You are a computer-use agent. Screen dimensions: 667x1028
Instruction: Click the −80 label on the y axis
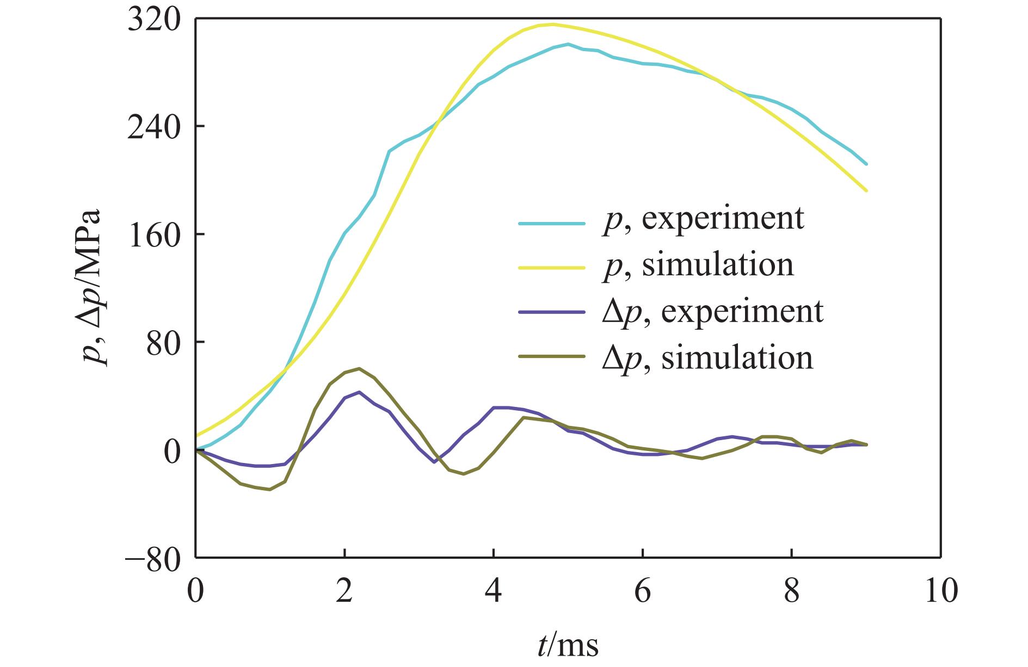(x=156, y=560)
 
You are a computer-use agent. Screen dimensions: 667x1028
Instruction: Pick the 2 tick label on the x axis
(x=344, y=591)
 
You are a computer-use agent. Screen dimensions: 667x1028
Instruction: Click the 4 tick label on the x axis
(x=494, y=591)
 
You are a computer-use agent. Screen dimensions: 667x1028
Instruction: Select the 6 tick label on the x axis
(x=643, y=591)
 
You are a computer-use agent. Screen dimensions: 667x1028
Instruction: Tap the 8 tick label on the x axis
(x=792, y=591)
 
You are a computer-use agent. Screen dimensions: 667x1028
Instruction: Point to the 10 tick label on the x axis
(x=940, y=591)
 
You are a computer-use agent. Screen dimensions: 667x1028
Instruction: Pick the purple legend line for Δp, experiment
(x=551, y=312)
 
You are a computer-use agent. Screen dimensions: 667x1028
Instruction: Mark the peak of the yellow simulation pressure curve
(x=553, y=24)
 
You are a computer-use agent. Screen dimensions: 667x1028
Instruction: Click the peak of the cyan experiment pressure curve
(x=568, y=44)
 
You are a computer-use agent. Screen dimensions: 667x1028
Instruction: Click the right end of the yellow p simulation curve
(x=866, y=190)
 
